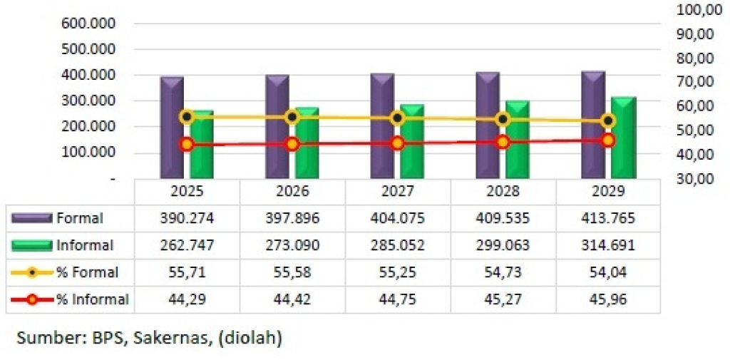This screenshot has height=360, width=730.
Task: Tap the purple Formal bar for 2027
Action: click(383, 128)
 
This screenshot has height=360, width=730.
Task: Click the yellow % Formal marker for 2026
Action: click(292, 117)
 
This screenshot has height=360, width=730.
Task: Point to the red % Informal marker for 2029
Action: click(608, 140)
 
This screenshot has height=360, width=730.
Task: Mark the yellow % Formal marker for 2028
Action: click(503, 119)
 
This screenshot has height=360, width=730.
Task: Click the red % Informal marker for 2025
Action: click(187, 144)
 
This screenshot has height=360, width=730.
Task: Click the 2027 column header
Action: click(398, 192)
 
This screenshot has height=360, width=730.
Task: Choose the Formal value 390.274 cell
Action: click(187, 218)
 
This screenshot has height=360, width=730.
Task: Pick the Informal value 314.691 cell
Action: click(608, 245)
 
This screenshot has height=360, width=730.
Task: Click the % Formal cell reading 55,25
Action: click(398, 272)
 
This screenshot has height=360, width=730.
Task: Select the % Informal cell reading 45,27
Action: click(503, 299)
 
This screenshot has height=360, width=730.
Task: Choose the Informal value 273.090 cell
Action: click(292, 245)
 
